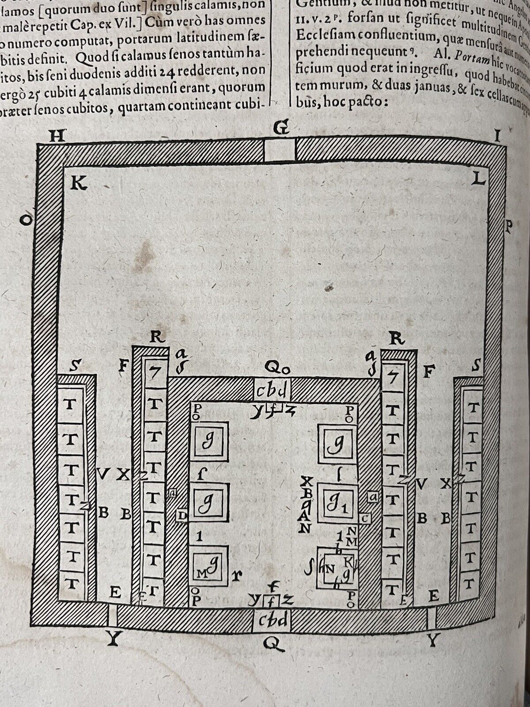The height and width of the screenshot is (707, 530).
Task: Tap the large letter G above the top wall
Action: tap(280, 129)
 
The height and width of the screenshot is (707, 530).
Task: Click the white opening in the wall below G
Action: tap(280, 151)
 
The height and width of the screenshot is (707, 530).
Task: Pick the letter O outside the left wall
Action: tap(27, 220)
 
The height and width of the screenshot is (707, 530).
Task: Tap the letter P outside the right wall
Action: tap(508, 226)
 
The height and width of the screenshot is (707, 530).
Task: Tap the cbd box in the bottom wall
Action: tap(272, 620)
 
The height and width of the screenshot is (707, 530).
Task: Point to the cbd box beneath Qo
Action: tap(272, 390)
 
